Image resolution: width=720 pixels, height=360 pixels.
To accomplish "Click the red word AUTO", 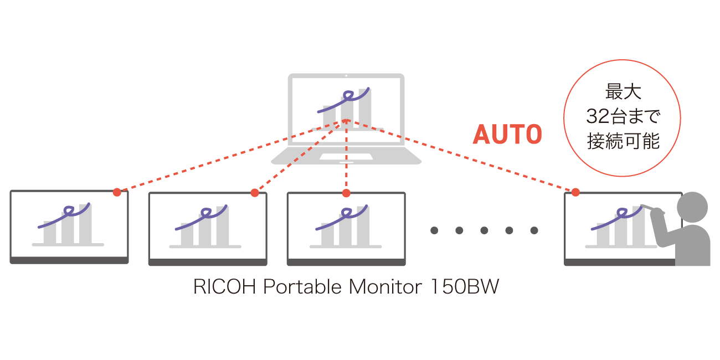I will click(x=507, y=134).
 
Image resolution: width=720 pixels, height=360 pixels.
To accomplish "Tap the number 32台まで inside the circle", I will click(x=622, y=117).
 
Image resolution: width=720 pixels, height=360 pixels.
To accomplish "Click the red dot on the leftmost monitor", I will click(x=117, y=192).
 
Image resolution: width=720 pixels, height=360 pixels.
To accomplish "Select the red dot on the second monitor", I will click(x=255, y=193).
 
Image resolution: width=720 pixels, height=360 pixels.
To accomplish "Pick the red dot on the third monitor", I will click(x=346, y=193).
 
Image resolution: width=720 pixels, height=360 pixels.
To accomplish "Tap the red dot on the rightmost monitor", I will click(x=575, y=192).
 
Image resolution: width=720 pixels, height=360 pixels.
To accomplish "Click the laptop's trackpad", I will click(x=346, y=157).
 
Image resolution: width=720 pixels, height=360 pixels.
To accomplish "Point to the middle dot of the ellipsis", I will click(x=484, y=230).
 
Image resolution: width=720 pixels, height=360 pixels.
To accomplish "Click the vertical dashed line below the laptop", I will click(x=346, y=172).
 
